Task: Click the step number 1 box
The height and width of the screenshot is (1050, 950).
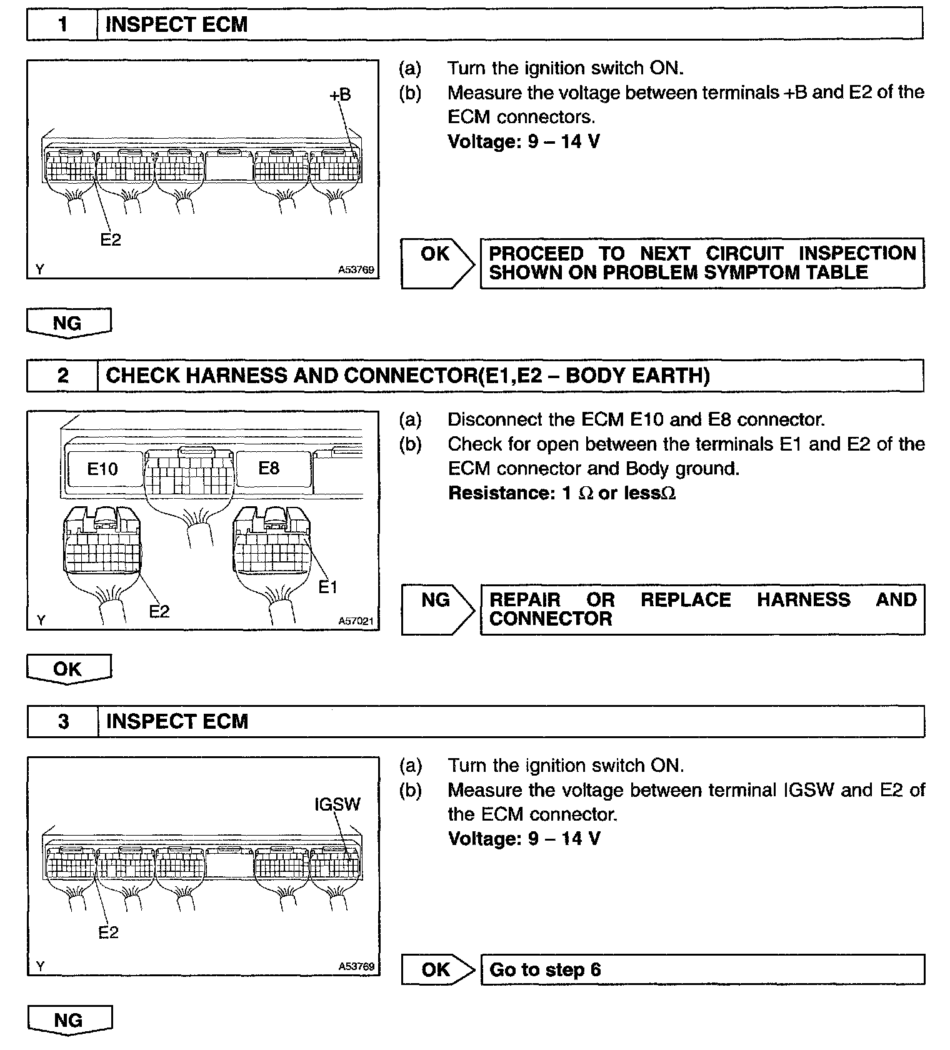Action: (x=62, y=24)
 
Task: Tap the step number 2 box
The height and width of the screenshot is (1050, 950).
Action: (x=62, y=376)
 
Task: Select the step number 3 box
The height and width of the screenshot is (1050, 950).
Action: (x=63, y=722)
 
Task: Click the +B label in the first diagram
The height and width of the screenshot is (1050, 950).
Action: (x=340, y=95)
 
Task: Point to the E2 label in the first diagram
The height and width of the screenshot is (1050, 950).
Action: (x=111, y=239)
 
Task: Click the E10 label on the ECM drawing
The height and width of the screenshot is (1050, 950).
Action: (x=102, y=469)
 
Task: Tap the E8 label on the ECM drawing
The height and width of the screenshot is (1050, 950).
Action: (x=269, y=468)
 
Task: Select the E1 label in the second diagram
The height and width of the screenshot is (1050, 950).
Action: (x=327, y=587)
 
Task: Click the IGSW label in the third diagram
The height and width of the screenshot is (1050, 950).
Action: (x=337, y=804)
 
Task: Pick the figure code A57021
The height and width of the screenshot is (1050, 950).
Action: (x=356, y=621)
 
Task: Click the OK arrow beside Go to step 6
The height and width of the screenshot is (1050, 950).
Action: (x=437, y=969)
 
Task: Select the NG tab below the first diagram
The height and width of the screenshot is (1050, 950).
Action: (x=68, y=323)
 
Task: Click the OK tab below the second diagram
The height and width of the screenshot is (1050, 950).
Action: (x=68, y=669)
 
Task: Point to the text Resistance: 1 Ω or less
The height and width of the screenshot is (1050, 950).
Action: (x=562, y=493)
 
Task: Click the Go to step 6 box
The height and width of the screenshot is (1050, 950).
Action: (x=702, y=969)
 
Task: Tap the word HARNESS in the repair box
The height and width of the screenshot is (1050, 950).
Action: (x=803, y=600)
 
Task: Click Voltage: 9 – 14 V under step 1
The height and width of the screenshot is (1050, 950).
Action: (x=524, y=141)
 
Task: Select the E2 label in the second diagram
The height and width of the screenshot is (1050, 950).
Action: (x=159, y=611)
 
